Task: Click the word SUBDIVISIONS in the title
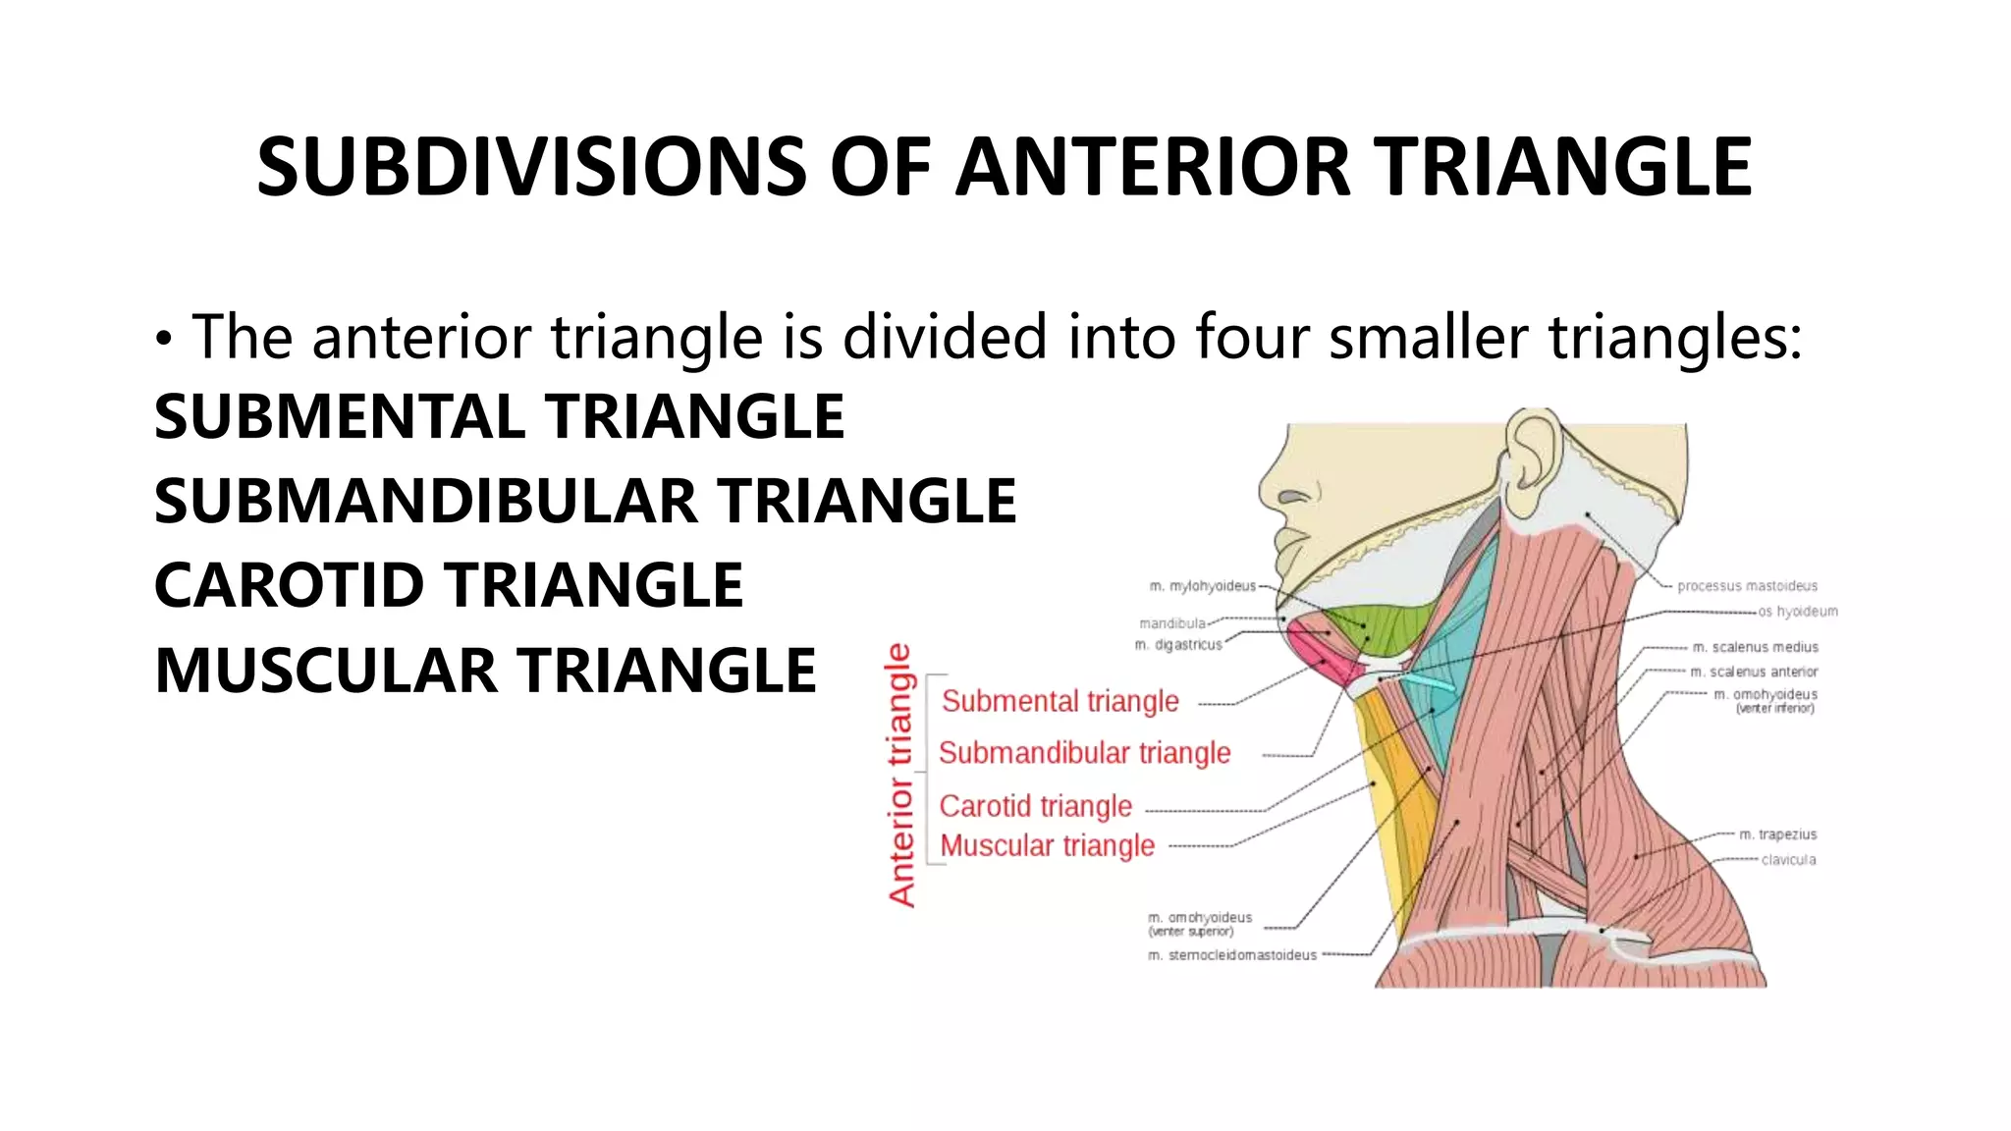pos(531,167)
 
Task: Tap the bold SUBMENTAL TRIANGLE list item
pos(499,416)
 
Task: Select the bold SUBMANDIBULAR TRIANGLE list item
pos(585,501)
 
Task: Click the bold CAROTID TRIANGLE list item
pos(449,585)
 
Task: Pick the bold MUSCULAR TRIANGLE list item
pos(485,671)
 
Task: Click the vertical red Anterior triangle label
pos(900,775)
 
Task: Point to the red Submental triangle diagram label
pos(1060,701)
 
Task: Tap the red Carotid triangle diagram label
pos(1035,806)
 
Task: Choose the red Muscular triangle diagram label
pos(1047,845)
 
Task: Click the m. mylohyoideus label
pos(1202,586)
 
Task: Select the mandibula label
pos(1172,623)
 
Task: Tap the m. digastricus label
pos(1178,645)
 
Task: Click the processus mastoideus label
pos(1747,586)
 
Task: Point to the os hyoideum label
pos(1797,612)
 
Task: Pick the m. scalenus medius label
pos(1755,647)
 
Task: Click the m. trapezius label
pos(1777,835)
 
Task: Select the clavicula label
pos(1788,860)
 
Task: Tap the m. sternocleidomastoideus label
pos(1232,954)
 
